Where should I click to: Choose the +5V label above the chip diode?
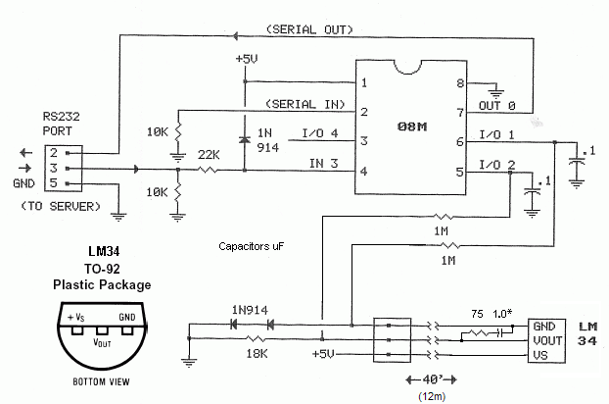(246, 59)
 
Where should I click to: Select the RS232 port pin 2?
(55, 152)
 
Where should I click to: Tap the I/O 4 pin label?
(320, 132)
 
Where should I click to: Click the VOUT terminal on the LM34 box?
(544, 340)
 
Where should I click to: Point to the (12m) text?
(432, 395)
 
